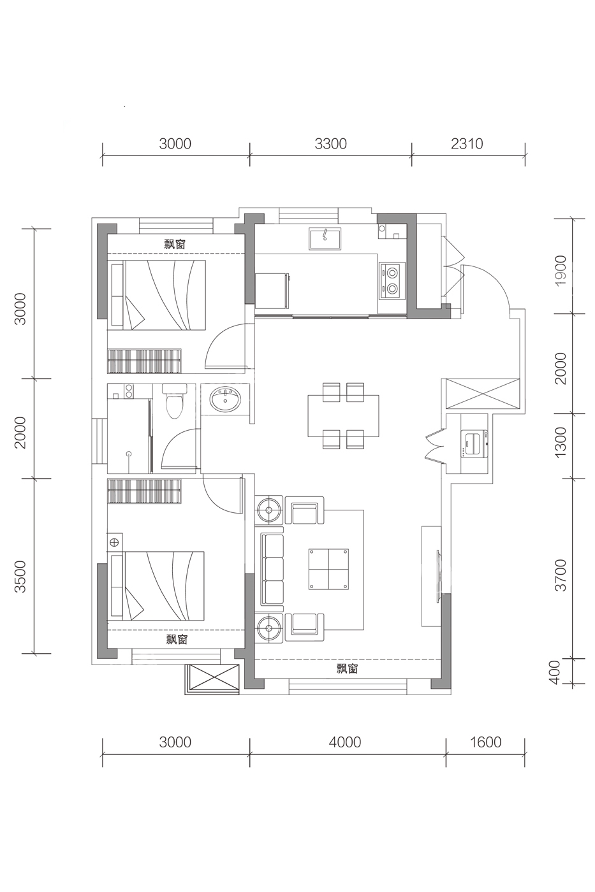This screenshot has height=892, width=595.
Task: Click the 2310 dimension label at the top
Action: point(467,143)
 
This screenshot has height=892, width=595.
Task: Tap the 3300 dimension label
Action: point(330,143)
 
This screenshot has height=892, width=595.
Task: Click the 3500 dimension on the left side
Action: point(20,577)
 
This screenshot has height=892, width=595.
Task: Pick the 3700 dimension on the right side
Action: point(561,575)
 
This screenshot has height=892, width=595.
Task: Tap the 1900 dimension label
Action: point(561,270)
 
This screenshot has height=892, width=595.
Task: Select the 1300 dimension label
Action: point(561,442)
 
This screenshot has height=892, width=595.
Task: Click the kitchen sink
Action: point(325,239)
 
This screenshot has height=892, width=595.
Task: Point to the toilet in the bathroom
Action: point(174,401)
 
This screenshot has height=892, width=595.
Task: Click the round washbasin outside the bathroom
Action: point(226,401)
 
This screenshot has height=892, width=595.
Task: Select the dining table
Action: point(343,415)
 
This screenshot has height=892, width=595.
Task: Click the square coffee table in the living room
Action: point(329,569)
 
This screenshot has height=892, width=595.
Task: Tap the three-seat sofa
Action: point(272,570)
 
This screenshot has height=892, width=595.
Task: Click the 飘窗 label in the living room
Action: point(347,668)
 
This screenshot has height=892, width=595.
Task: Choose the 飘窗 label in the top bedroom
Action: point(175,243)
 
